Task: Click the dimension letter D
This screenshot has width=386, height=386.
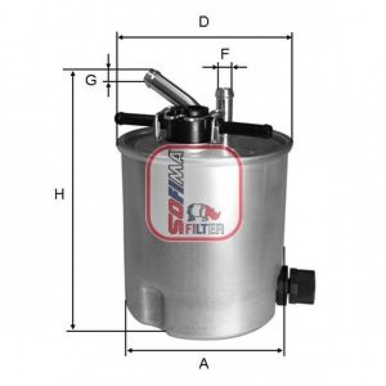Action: coord(204,22)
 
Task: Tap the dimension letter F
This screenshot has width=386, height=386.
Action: coord(225,54)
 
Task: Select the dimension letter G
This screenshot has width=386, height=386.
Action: coord(91,80)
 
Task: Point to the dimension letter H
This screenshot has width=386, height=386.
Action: coord(59,194)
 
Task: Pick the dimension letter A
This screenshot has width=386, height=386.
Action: coord(204,363)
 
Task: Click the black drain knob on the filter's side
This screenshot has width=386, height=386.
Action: coord(296,286)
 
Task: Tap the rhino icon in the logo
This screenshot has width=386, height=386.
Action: coord(204,212)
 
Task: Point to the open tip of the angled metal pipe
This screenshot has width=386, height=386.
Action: coord(152,74)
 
